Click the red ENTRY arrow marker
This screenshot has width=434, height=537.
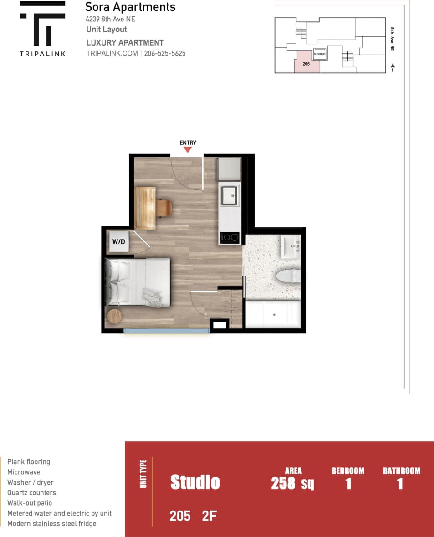coord(188,150)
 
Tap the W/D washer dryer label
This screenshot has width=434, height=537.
coord(118,242)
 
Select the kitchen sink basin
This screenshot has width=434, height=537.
coord(230,195)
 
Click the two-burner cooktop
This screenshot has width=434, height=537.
coord(230,237)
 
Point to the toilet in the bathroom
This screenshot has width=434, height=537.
coord(288,275)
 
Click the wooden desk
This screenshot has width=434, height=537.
coord(145,207)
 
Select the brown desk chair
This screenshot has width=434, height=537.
coord(164,208)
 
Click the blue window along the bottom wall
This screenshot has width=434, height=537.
coord(167,331)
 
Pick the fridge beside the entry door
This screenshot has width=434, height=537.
coord(229,169)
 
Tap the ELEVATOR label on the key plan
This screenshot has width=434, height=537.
coord(319,54)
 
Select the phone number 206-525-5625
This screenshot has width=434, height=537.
coord(165,53)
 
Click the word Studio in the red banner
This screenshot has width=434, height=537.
coord(195,482)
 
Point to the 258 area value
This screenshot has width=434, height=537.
coord(283,483)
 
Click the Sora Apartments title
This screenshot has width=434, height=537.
coord(130,7)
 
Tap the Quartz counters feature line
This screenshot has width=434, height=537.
coord(31,493)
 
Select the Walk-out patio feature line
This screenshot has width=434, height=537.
coord(30,503)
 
